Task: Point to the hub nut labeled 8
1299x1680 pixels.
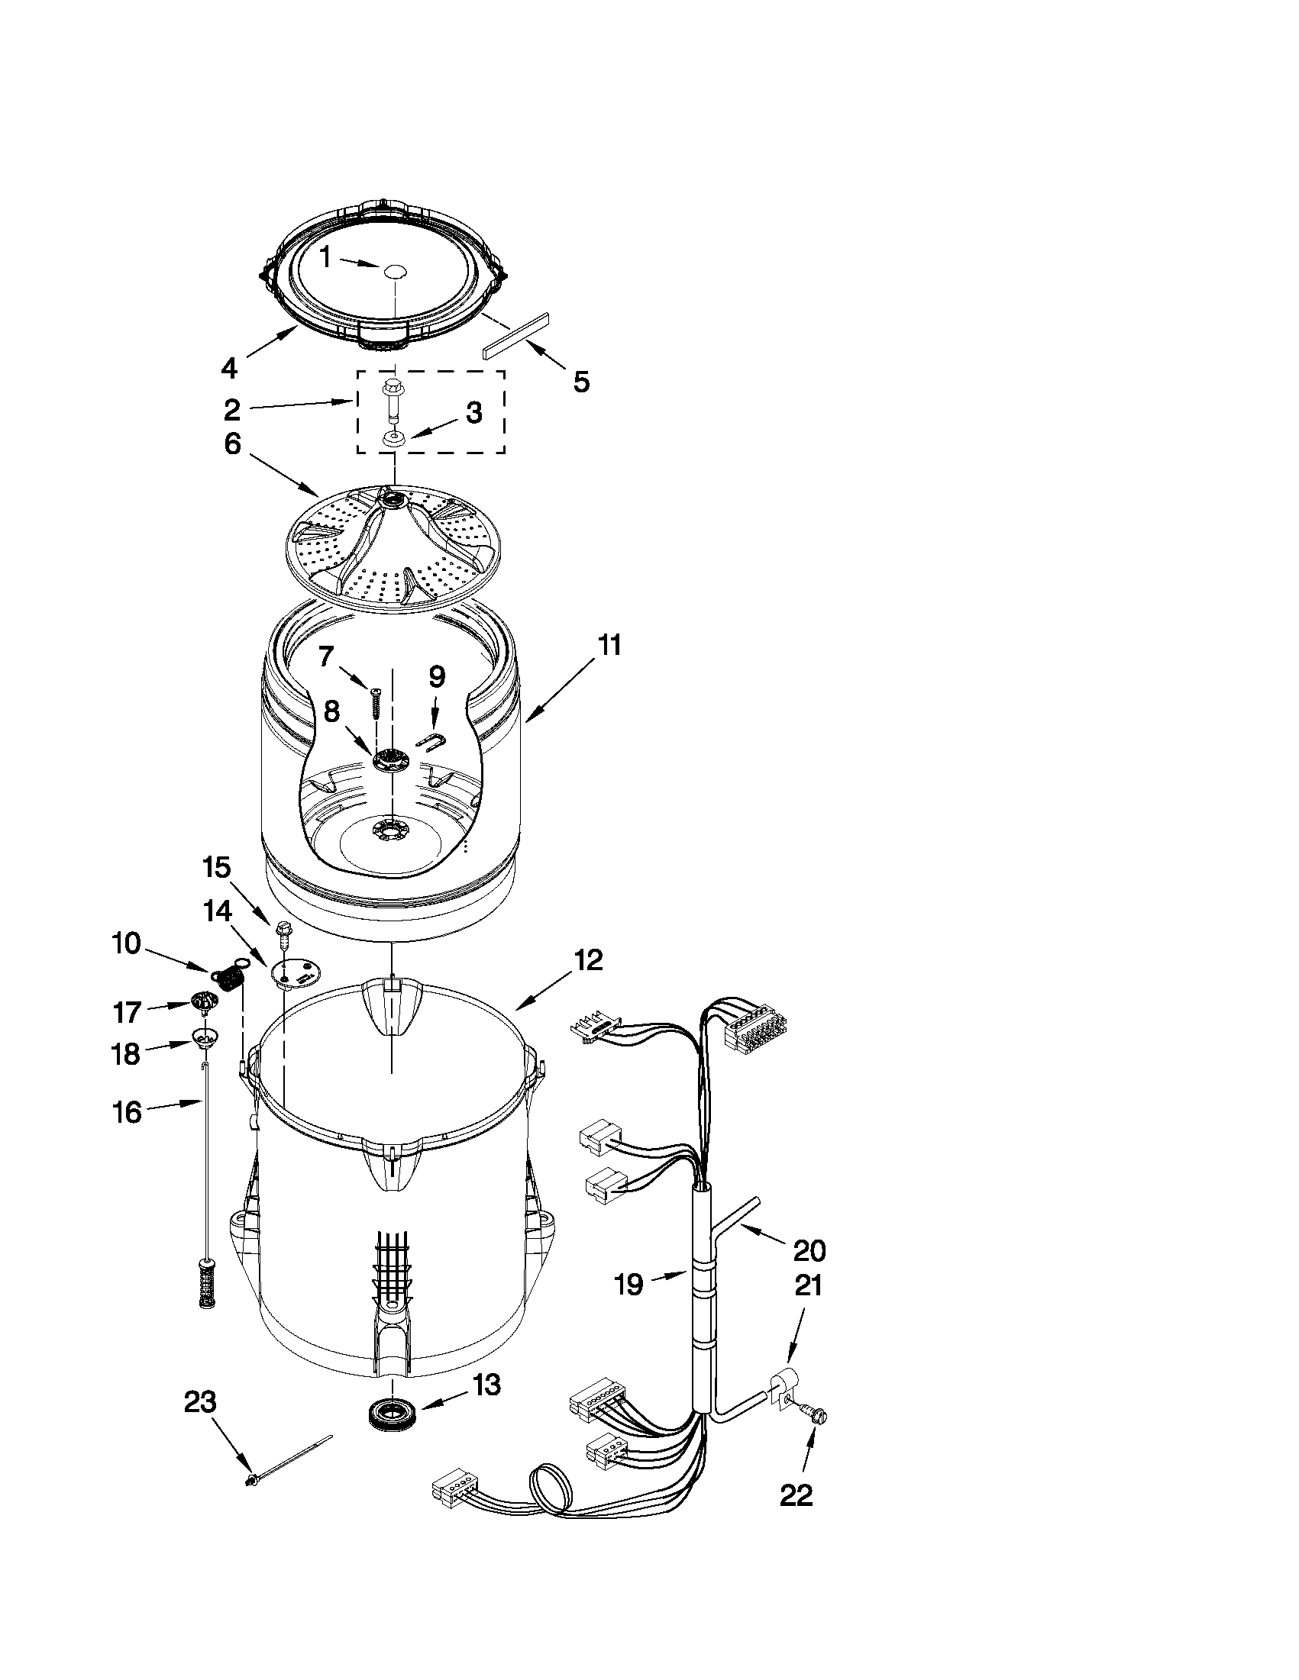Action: [x=390, y=761]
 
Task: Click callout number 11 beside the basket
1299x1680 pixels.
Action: [x=609, y=645]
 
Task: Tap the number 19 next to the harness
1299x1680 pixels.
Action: [x=628, y=1284]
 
